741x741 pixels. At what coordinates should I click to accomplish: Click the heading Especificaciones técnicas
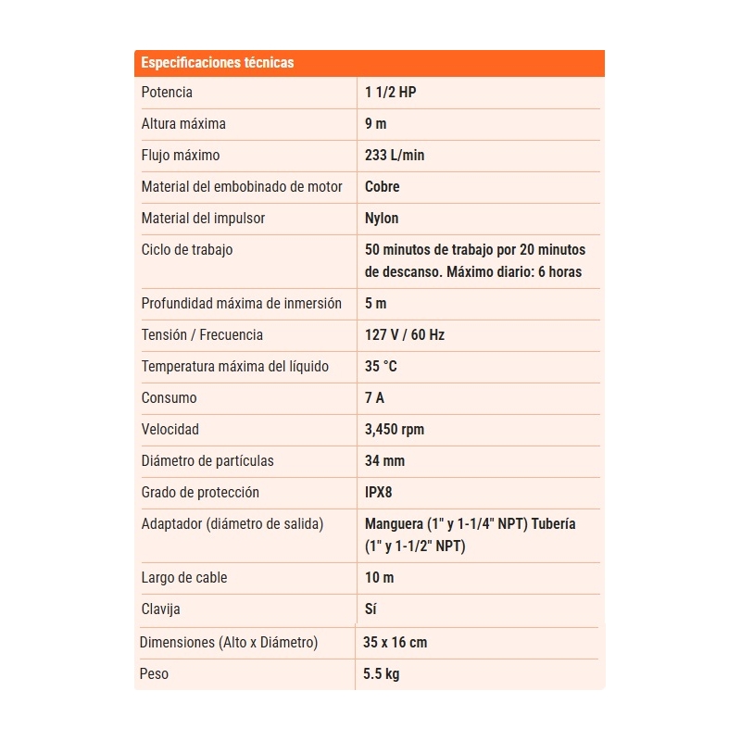(218, 63)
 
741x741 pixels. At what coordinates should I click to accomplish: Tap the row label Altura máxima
(183, 124)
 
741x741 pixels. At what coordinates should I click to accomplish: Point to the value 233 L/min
(395, 156)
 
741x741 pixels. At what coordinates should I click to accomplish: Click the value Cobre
(383, 187)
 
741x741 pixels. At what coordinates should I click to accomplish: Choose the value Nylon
(382, 219)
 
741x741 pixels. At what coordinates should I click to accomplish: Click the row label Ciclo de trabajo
(187, 250)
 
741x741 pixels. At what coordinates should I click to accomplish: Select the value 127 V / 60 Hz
(405, 335)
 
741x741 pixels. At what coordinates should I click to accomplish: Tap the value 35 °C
(381, 367)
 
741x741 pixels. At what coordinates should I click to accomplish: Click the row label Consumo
(169, 398)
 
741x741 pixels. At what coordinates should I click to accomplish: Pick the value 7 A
(374, 398)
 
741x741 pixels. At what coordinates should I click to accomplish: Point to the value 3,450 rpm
(395, 430)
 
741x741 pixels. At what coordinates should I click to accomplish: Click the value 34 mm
(384, 461)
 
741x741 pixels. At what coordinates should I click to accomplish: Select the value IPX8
(379, 493)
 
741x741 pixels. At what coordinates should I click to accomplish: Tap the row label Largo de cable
(184, 578)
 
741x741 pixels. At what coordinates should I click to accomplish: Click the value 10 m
(380, 578)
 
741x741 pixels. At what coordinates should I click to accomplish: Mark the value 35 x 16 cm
(396, 643)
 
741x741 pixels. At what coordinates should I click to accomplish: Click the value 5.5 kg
(382, 674)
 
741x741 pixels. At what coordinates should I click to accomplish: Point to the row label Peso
(154, 674)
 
